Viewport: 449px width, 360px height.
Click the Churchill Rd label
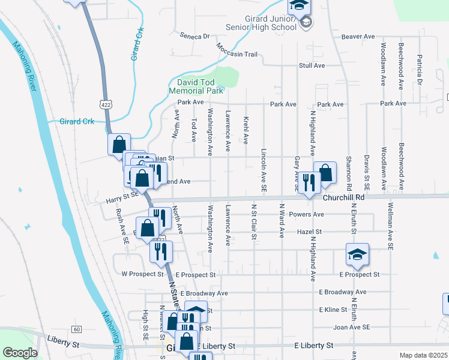(343, 197)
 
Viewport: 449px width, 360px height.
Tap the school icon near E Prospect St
(357, 254)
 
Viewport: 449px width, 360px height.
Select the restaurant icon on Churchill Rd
(309, 182)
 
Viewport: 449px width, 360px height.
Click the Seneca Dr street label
(197, 36)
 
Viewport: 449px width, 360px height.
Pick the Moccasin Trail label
(237, 54)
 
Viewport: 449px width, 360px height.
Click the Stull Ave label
(312, 65)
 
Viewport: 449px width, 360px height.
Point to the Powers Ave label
(306, 214)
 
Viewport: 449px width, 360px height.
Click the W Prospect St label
(142, 274)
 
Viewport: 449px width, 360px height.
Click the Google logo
(19, 352)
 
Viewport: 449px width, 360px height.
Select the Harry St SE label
(122, 194)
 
